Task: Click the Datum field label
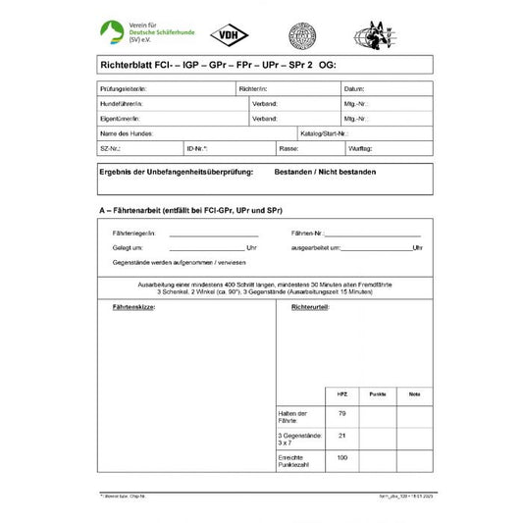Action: coord(354,88)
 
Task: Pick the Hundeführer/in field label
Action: coord(122,103)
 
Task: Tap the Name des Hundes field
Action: coord(127,132)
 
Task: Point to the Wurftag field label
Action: coord(360,147)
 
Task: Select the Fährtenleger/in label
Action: coord(134,234)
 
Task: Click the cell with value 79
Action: coord(342,414)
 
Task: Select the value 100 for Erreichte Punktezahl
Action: coord(342,457)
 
